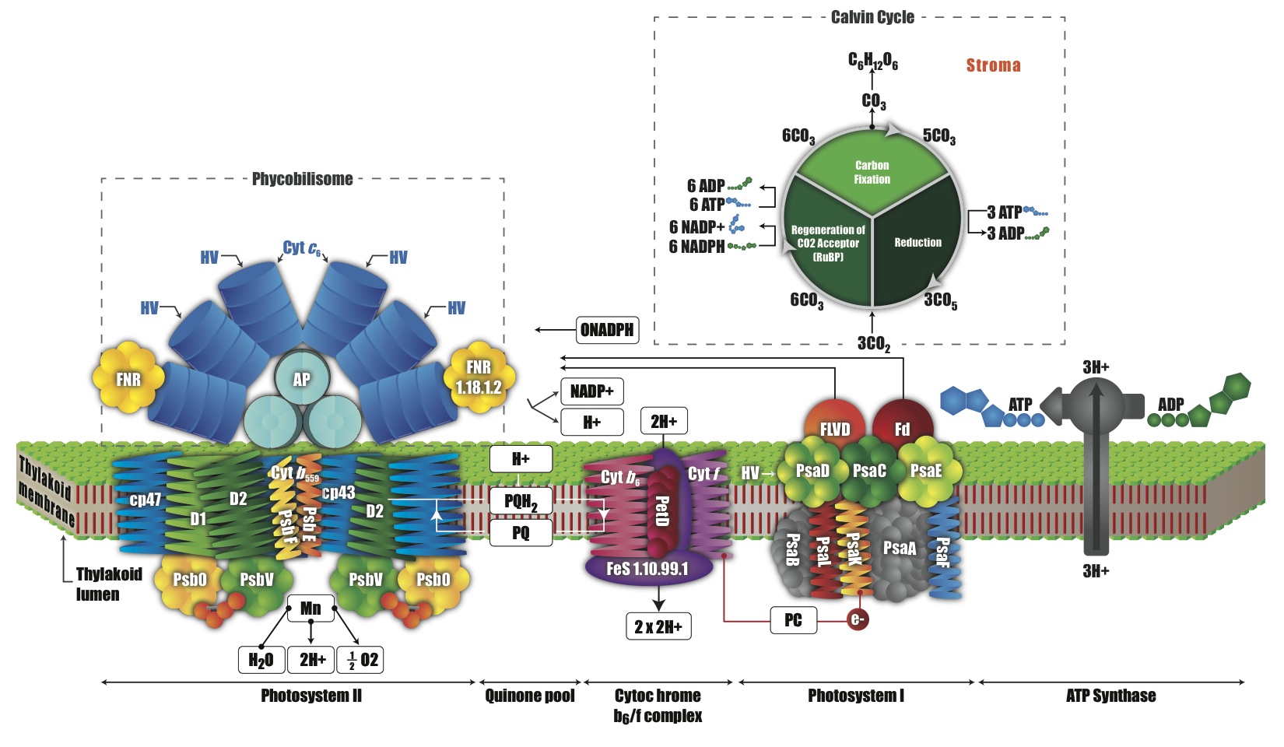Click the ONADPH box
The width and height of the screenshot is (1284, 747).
click(x=607, y=330)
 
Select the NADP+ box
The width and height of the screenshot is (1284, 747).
click(x=591, y=391)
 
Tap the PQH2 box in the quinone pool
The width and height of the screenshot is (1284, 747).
click(x=521, y=501)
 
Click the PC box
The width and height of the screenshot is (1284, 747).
click(x=793, y=620)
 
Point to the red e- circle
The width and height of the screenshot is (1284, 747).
click(x=858, y=619)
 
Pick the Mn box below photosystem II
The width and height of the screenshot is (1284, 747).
click(x=310, y=608)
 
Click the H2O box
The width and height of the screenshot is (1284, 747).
click(x=261, y=660)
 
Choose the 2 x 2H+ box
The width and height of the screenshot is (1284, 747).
click(x=658, y=626)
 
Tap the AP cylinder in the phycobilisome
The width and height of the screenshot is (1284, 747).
click(x=301, y=379)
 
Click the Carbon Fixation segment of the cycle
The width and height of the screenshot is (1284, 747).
click(x=872, y=172)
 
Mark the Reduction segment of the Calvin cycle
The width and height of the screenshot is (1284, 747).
click(x=917, y=243)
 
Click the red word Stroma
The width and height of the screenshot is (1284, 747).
click(x=993, y=65)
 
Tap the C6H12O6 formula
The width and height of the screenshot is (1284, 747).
click(x=872, y=61)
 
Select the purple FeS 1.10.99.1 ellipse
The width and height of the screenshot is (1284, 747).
click(x=647, y=569)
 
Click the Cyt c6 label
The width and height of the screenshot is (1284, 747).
click(x=301, y=248)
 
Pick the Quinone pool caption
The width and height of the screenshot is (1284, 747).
click(x=529, y=696)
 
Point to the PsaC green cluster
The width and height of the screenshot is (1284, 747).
click(x=869, y=470)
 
